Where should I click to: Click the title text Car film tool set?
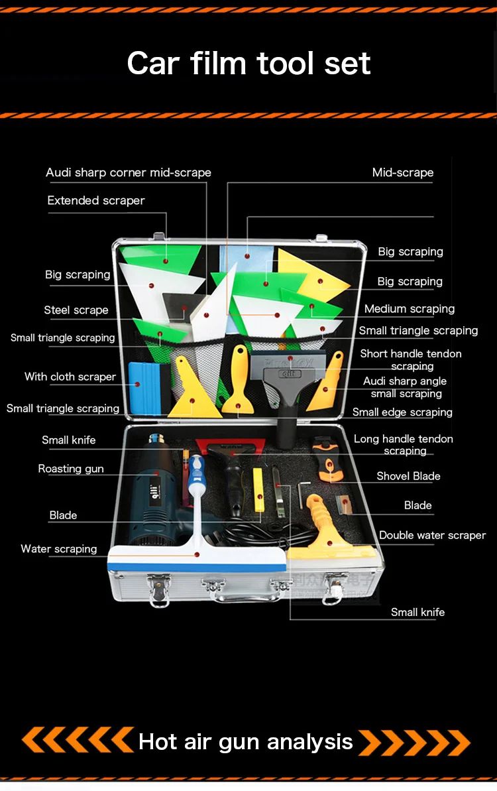(248, 64)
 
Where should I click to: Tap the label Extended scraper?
(96, 200)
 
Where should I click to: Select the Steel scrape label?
(76, 310)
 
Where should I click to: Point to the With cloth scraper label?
(70, 377)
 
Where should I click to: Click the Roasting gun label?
(71, 469)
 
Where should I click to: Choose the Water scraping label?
(59, 549)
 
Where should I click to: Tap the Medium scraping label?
(410, 309)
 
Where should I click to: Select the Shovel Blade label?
(408, 476)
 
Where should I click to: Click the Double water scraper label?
(432, 535)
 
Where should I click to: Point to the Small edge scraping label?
(402, 412)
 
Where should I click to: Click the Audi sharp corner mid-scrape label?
(129, 172)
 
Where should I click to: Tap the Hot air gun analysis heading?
(246, 741)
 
